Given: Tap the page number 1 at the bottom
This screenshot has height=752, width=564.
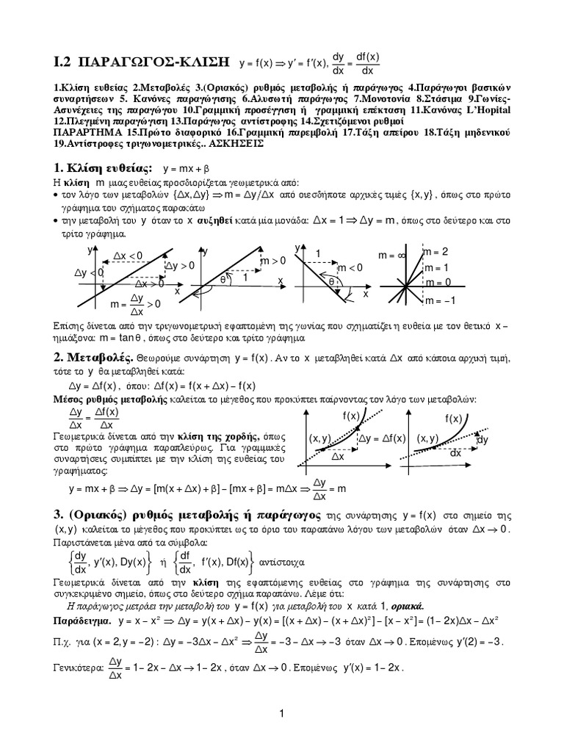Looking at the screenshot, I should click(x=281, y=713).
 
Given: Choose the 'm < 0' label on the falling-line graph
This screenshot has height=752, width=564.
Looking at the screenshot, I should click(x=350, y=267).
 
